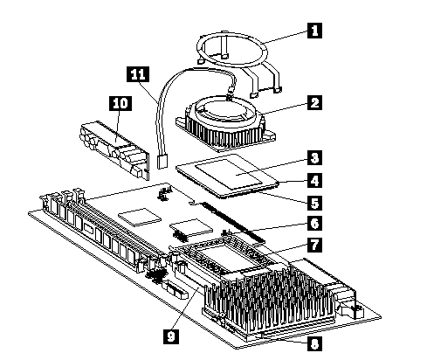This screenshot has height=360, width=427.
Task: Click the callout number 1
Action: tap(314, 31)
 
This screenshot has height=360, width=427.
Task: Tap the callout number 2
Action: tap(314, 102)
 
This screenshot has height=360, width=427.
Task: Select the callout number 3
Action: tap(314, 158)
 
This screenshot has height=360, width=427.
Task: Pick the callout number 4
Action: tap(314, 181)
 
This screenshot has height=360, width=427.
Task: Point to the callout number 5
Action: tap(314, 203)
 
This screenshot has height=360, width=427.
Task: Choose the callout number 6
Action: tap(314, 224)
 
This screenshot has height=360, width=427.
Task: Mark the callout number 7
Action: tap(314, 245)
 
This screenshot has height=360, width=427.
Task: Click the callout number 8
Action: tap(314, 344)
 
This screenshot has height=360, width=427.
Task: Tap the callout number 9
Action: tap(171, 336)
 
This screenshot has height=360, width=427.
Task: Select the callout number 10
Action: tap(121, 104)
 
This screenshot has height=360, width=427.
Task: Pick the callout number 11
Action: tap(138, 74)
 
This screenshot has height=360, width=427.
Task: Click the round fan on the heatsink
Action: tap(225, 113)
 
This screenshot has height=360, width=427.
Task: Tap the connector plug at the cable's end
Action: tap(162, 161)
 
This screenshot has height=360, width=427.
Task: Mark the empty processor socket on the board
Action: tap(224, 252)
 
